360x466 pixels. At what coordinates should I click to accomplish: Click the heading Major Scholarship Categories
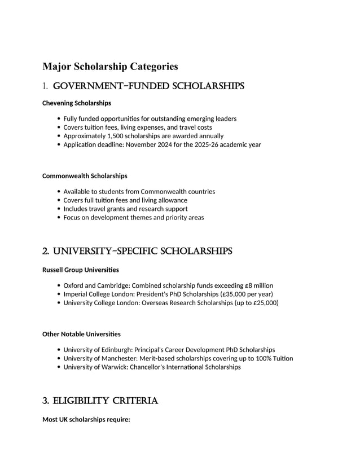click(110, 67)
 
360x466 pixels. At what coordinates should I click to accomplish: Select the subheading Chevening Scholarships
click(77, 103)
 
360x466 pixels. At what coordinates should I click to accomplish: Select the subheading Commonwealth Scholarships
click(85, 176)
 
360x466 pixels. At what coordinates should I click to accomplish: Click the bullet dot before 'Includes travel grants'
click(59, 209)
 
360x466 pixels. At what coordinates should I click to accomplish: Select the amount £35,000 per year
click(247, 294)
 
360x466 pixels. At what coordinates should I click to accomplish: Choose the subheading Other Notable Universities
click(81, 334)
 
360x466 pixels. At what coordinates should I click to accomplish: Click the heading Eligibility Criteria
click(100, 401)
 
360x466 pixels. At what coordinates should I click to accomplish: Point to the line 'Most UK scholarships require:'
click(86, 420)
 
